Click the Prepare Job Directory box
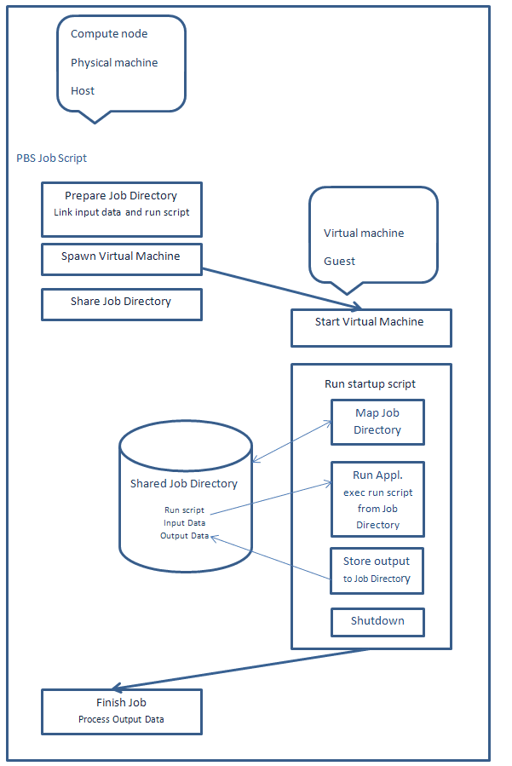121,209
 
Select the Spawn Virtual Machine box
121,258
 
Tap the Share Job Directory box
121,304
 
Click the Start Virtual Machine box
371,327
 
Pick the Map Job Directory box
377,422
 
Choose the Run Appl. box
377,498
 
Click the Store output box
377,570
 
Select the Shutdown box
377,621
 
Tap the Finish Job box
121,711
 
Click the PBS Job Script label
51,158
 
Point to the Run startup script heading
371,384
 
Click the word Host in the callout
83,91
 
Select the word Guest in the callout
340,262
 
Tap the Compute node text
109,34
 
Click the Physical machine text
114,63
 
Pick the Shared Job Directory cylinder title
184,484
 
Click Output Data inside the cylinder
184,536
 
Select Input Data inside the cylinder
184,523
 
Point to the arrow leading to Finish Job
247,669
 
